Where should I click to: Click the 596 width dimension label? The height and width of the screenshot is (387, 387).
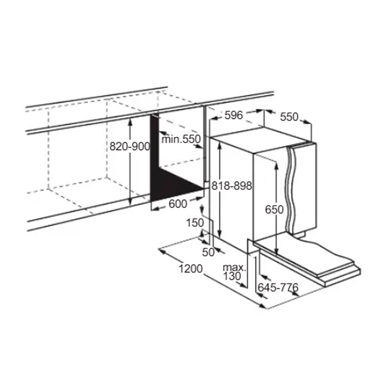click(x=234, y=115)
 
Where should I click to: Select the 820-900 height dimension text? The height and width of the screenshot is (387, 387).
click(x=130, y=147)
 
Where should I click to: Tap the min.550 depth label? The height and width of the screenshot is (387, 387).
click(x=181, y=139)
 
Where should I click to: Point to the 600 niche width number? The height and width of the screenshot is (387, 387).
click(x=178, y=204)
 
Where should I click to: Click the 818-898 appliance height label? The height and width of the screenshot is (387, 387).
click(x=232, y=186)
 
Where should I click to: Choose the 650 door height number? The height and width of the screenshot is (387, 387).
click(x=274, y=210)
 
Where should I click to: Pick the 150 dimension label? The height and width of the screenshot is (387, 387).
click(x=195, y=223)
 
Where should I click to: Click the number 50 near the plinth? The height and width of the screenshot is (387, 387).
click(x=208, y=252)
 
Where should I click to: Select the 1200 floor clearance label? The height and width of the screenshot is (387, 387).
click(x=190, y=269)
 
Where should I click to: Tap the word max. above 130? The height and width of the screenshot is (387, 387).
click(x=234, y=267)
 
